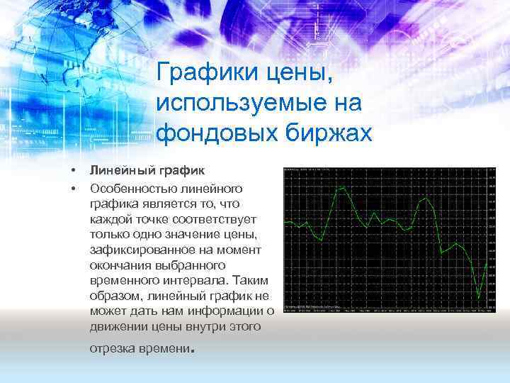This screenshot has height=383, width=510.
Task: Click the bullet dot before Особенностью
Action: [72, 189]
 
